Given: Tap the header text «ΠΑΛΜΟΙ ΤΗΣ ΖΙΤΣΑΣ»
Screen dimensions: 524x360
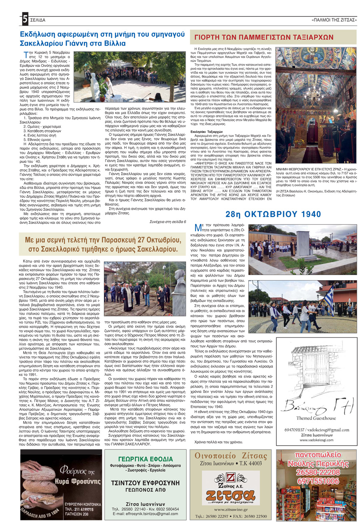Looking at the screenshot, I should tap(334, 20).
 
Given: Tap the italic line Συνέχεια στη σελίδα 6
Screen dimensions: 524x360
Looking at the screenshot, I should tap(168, 221).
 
